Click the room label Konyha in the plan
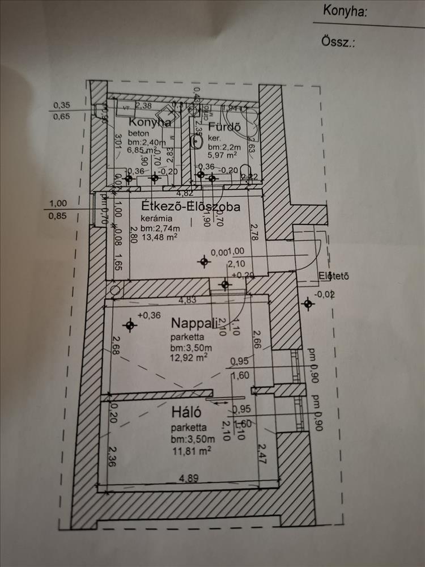coord(150,122)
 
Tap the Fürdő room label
coord(224,126)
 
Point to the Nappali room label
coord(194,323)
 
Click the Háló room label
coord(185,409)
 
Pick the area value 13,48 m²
coord(160,238)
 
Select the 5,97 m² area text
coord(222,154)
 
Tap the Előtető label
coord(333,277)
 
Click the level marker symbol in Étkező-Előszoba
coord(205,261)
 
